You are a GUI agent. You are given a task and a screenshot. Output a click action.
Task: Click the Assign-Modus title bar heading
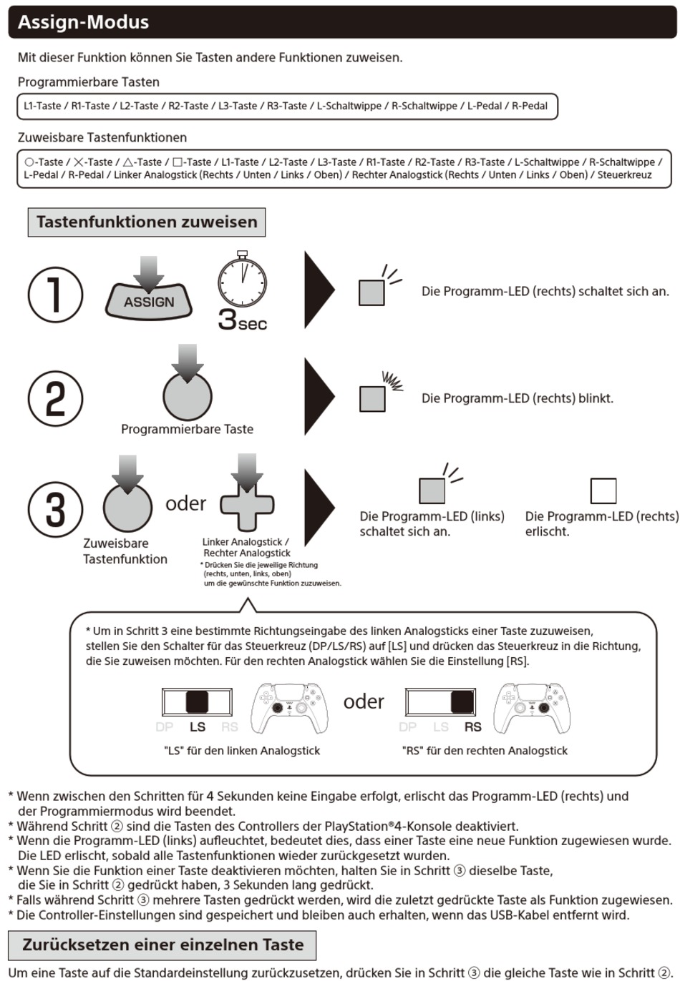tap(84, 22)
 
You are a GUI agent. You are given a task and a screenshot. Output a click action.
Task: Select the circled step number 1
tap(54, 295)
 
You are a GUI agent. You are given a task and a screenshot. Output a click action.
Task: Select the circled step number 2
tap(54, 399)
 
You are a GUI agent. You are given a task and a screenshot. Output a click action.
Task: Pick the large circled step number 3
tap(54, 509)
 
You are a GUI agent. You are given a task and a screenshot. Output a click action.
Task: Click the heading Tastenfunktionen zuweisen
tap(147, 222)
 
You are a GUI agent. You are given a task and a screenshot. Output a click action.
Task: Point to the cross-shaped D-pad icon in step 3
tap(247, 503)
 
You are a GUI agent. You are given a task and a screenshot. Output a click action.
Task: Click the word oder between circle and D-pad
tap(185, 503)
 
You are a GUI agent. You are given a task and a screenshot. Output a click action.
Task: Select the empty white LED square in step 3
tap(603, 491)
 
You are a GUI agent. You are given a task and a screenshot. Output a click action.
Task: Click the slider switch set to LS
tap(197, 703)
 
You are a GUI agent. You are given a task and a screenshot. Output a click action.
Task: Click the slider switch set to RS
tap(440, 703)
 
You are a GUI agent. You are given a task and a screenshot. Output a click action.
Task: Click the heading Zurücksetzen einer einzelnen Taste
tap(163, 945)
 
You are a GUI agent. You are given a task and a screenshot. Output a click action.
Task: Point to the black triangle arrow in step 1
tap(319, 290)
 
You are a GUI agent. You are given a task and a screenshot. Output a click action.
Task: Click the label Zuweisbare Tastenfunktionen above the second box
tap(102, 137)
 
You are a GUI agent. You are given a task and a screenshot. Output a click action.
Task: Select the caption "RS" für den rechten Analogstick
tap(485, 751)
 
